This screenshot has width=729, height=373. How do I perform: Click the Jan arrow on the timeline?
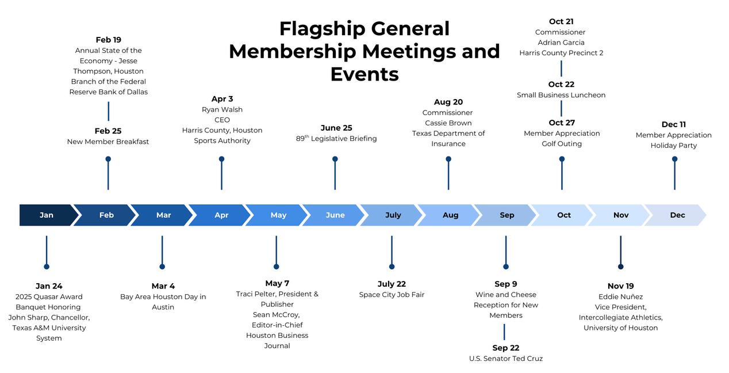tap(47, 215)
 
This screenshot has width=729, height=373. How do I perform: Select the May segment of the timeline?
tap(278, 215)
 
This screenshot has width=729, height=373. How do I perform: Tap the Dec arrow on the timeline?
tap(677, 215)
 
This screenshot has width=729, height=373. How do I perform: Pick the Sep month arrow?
tap(507, 215)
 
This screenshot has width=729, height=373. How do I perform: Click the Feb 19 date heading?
tap(108, 40)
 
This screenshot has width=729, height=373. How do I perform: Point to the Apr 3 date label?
tap(222, 99)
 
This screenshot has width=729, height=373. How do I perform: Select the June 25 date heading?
tap(336, 128)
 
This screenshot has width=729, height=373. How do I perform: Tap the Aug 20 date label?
tap(448, 102)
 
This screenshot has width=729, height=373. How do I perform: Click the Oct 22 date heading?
tap(561, 85)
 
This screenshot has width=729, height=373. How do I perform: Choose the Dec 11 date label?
tap(673, 124)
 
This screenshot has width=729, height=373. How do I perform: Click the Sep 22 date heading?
tap(505, 348)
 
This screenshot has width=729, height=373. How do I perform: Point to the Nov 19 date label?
tap(620, 286)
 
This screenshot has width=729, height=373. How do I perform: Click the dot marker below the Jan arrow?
tap(47, 267)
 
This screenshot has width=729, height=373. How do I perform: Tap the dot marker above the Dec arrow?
tap(674, 159)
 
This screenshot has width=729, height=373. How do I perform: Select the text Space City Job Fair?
tap(392, 295)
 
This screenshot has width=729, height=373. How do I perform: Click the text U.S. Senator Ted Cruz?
tap(505, 359)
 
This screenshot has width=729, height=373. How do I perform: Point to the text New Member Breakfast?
tap(108, 142)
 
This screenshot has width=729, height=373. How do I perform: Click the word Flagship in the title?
tap(322, 29)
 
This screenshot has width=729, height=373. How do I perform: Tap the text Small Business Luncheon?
tap(561, 95)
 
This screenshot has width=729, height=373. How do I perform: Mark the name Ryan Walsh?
tap(222, 109)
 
